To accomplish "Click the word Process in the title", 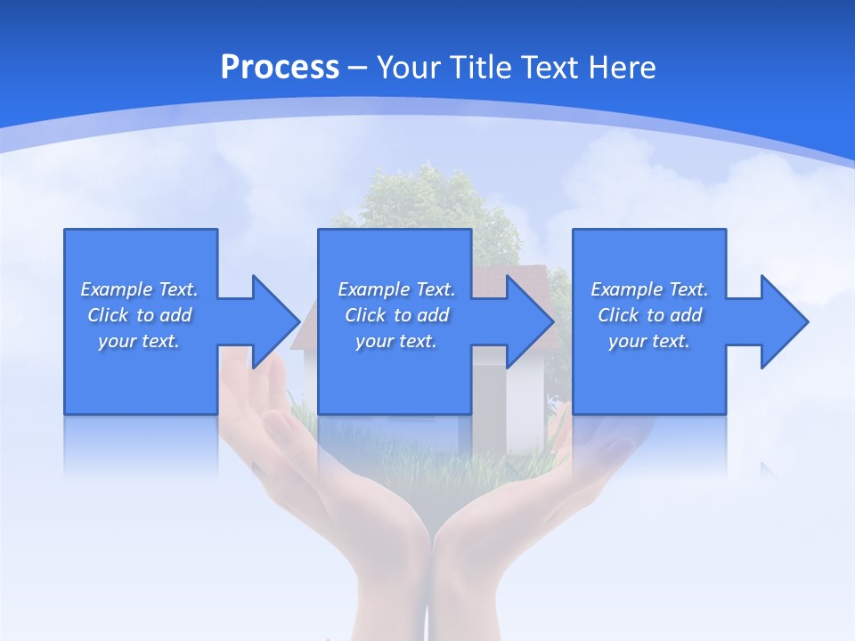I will pos(280,67).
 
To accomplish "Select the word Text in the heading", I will pos(549,67).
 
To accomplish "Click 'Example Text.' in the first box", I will pos(139,289).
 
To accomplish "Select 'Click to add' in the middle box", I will pos(396,315).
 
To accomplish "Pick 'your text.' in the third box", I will pos(649,341).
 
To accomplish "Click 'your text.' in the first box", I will pos(139,341).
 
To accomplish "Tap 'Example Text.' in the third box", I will pos(649,289).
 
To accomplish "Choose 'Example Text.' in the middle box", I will pos(396,289).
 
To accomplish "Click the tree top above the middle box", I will pos(427,196).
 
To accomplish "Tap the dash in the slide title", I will pos(357,68).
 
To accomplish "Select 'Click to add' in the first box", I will pos(139,315).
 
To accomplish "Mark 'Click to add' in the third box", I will pos(649,315).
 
